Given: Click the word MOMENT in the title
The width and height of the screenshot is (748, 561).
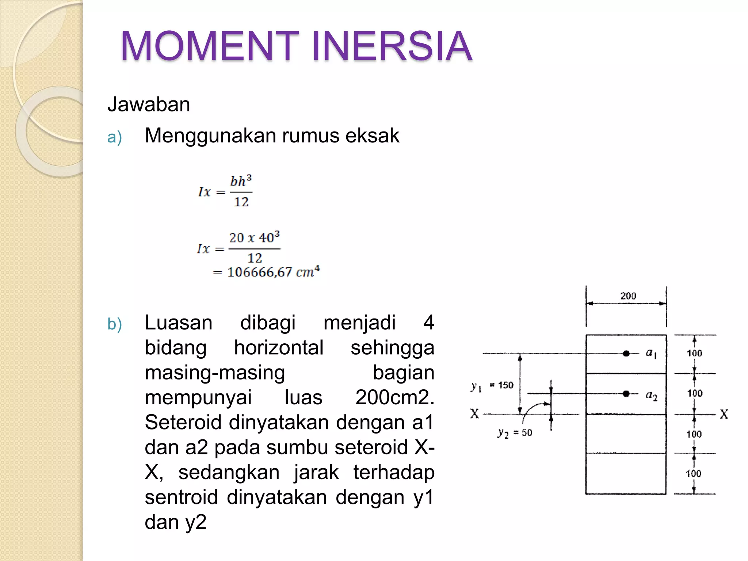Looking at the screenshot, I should [210, 46].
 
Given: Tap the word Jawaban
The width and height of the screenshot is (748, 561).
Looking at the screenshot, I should [149, 104].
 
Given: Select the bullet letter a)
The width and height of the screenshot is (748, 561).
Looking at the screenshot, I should [114, 138].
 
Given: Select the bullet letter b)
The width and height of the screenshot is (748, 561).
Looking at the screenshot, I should [114, 324].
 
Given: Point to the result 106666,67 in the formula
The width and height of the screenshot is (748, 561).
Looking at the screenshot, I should [260, 272].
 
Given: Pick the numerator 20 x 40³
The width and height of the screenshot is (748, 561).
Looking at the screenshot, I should [254, 238].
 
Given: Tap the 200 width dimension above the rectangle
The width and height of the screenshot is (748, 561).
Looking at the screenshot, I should [628, 296].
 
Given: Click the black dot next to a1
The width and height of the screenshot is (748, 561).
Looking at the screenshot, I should [626, 353].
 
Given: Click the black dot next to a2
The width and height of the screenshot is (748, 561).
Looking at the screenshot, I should [626, 393].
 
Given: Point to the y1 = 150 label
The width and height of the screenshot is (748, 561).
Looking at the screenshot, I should [492, 386].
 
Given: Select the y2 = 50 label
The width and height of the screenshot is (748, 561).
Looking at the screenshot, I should [515, 433].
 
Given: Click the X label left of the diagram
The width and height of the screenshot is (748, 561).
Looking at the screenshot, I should [474, 414].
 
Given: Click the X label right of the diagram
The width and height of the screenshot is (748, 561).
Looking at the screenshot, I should [724, 414].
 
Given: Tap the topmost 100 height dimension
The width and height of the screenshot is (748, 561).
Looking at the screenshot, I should [694, 353].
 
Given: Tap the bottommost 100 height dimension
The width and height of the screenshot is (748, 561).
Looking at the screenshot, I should [693, 474].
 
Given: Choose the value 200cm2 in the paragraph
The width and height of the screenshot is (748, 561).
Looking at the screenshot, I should [394, 397].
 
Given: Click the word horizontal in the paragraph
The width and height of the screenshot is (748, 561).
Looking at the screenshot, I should [279, 348].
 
